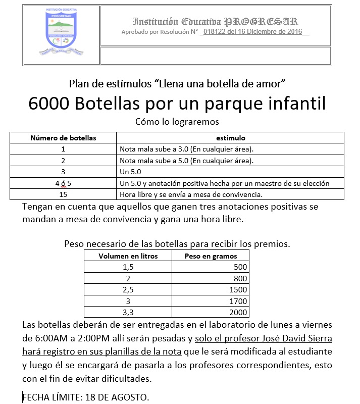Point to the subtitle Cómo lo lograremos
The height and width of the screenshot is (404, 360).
tap(177, 121)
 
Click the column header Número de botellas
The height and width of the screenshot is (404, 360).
tap(63, 137)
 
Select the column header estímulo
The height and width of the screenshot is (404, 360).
tap(231, 137)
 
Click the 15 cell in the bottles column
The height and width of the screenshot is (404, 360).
tap(63, 194)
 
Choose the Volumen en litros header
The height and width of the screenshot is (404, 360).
tap(128, 256)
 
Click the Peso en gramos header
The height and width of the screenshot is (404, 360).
tap(211, 256)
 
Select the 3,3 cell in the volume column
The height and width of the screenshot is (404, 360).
tap(128, 312)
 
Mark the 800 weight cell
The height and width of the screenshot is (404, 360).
tap(240, 278)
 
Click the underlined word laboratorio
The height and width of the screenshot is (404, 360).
tap(233, 325)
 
